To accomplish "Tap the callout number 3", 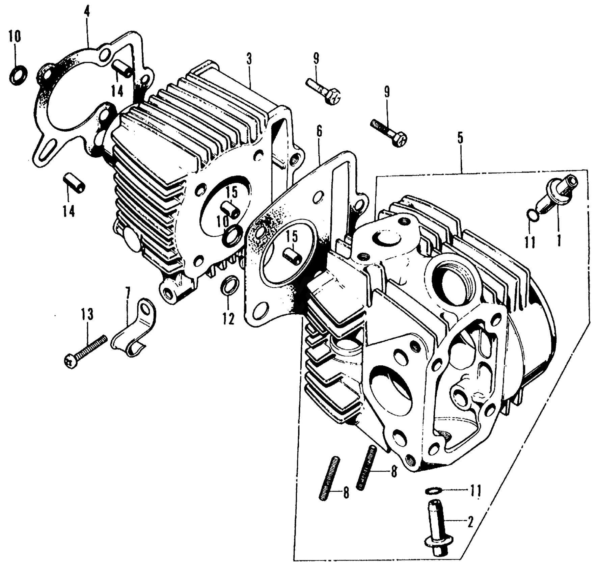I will click(249, 59).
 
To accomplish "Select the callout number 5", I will click(460, 139).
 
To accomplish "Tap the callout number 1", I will click(559, 240).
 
